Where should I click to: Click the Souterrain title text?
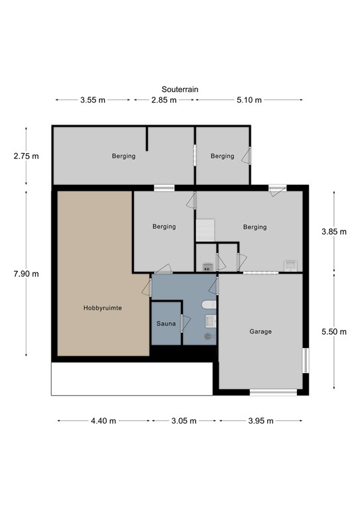click(x=180, y=89)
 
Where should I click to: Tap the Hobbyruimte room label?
click(x=103, y=308)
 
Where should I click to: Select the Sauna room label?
click(x=166, y=323)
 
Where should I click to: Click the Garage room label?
click(x=261, y=331)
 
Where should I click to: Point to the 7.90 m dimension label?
click(x=26, y=274)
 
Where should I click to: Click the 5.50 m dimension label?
click(x=334, y=331)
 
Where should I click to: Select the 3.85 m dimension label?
click(x=334, y=231)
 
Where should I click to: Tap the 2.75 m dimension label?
click(x=26, y=156)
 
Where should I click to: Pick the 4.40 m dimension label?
click(x=103, y=421)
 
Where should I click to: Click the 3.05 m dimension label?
click(x=184, y=421)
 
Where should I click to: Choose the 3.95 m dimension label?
click(x=261, y=421)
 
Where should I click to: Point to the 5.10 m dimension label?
click(x=249, y=100)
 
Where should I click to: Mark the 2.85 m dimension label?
click(x=164, y=100)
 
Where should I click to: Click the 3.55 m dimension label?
click(x=93, y=100)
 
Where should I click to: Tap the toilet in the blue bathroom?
click(x=209, y=305)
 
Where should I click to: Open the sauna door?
click(x=186, y=323)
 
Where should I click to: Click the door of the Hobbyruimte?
click(x=147, y=288)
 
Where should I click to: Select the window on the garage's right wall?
click(x=306, y=361)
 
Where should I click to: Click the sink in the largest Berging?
click(x=290, y=266)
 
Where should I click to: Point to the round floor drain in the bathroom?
click(x=208, y=337)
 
